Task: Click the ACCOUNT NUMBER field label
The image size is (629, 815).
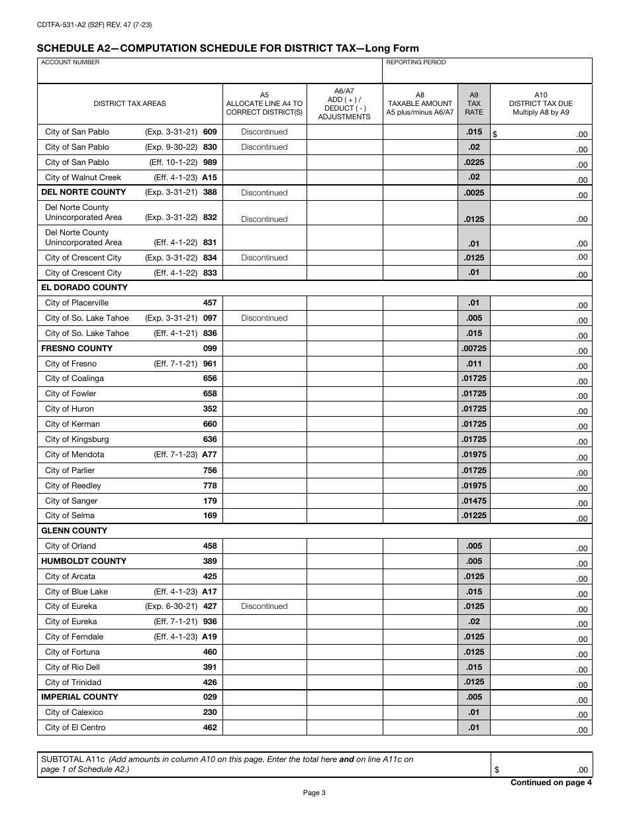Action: [70, 62]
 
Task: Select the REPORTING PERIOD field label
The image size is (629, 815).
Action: [416, 62]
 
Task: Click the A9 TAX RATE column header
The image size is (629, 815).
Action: [474, 103]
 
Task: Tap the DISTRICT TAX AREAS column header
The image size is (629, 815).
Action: [130, 103]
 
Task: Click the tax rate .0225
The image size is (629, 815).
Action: [474, 162]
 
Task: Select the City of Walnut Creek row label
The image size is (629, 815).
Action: [83, 178]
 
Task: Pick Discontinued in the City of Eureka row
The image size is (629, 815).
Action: [264, 606]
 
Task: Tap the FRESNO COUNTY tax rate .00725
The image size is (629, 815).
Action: [474, 349]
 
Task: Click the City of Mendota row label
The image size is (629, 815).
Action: [74, 455]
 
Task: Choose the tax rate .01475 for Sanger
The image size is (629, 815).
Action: [474, 501]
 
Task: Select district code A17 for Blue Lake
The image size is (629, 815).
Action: [209, 592]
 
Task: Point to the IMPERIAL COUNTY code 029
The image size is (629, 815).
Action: [210, 697]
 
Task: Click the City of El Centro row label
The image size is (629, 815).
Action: [75, 728]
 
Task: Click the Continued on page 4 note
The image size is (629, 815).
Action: [551, 783]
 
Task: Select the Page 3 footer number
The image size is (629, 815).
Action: [314, 792]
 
